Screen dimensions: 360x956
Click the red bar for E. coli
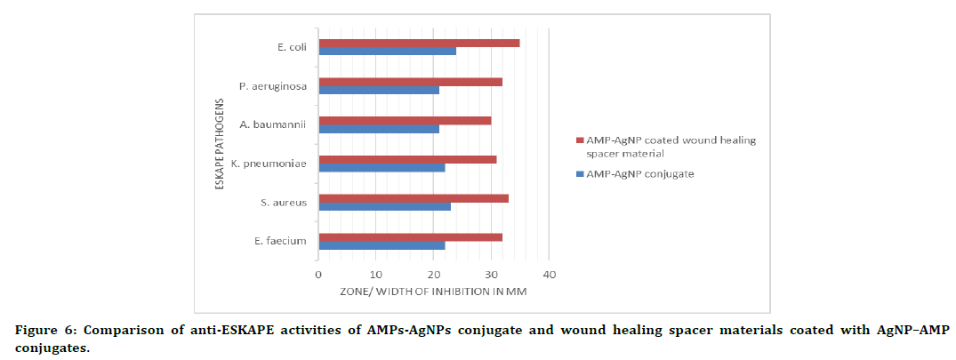pyautogui.click(x=419, y=43)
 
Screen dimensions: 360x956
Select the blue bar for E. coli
pyautogui.click(x=388, y=51)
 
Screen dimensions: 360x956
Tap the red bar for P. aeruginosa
pyautogui.click(x=410, y=82)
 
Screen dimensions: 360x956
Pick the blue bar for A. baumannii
pyautogui.click(x=379, y=129)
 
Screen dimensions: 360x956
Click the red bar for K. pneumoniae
pyautogui.click(x=407, y=159)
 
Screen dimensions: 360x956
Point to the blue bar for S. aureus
pyautogui.click(x=384, y=206)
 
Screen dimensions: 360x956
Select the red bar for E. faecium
pyautogui.click(x=410, y=237)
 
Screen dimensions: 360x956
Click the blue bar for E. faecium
pyautogui.click(x=382, y=245)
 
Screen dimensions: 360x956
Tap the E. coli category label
pyautogui.click(x=292, y=47)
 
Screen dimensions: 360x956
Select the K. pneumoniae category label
pyautogui.click(x=269, y=164)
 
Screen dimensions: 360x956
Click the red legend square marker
pyautogui.click(x=579, y=140)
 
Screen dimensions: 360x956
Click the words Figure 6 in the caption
pyautogui.click(x=39, y=331)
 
